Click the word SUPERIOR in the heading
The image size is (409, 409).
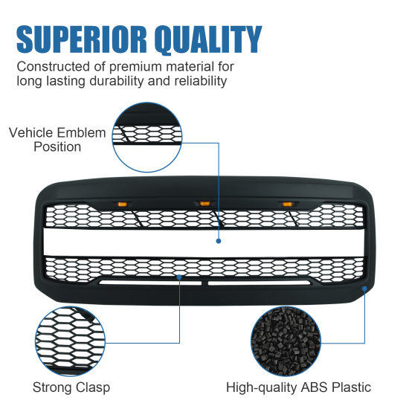(82, 39)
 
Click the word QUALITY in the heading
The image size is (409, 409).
(208, 39)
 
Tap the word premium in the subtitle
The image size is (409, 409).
(135, 68)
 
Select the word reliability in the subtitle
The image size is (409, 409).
(201, 81)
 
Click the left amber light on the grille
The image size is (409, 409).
(122, 204)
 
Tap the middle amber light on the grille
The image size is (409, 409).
(204, 204)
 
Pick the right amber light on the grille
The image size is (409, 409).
(287, 204)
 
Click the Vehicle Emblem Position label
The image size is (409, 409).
(57, 140)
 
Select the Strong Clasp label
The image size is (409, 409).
(71, 387)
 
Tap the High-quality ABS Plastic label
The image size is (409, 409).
(298, 387)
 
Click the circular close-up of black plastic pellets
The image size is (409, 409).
(286, 341)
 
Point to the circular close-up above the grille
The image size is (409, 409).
(147, 138)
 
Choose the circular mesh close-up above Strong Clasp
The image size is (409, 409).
(70, 341)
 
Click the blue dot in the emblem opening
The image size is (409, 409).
(219, 241)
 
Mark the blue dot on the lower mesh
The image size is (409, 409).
(179, 277)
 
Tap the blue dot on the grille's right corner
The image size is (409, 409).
(364, 289)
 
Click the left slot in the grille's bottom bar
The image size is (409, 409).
(150, 283)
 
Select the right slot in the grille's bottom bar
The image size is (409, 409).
(260, 283)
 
